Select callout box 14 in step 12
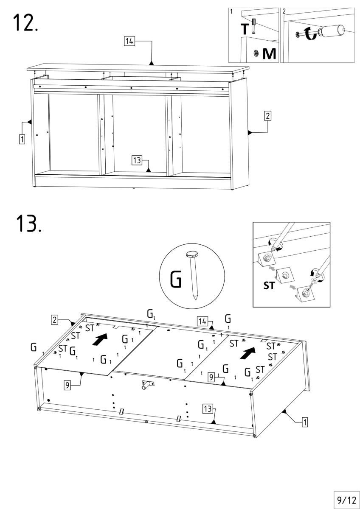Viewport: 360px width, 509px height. pos(129,42)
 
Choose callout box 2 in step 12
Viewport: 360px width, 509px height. pos(267,115)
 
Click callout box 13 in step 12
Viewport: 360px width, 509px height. pos(137,160)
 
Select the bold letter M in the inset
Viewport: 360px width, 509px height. pos(268,53)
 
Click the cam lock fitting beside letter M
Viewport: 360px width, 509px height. pos(256,53)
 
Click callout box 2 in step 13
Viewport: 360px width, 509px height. pos(55,320)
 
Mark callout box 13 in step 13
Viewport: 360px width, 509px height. pos(207,408)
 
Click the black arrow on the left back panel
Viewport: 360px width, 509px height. pos(101,339)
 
